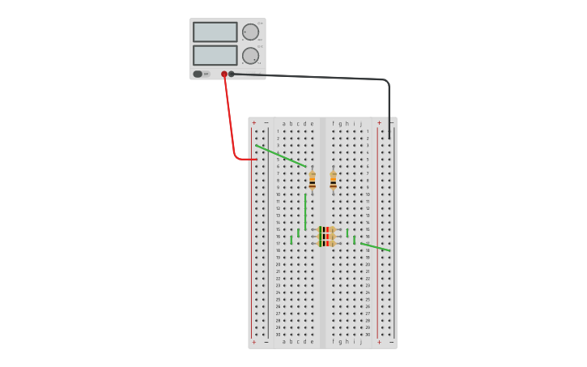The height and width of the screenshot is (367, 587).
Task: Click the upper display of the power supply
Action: [215, 32]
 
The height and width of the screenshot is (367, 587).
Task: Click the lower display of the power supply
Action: [215, 55]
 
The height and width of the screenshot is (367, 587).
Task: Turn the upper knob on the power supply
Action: [250, 32]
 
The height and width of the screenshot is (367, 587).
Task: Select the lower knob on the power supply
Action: [250, 56]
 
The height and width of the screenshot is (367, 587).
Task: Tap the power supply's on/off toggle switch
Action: [198, 74]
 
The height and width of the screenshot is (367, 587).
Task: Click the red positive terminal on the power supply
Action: [224, 74]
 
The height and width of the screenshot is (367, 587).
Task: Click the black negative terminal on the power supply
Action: [232, 74]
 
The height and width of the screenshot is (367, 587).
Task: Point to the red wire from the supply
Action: [231, 122]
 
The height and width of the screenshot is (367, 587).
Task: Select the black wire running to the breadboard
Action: [324, 77]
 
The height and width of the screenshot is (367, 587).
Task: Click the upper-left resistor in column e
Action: [312, 181]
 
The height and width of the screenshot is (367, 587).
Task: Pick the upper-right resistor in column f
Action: [333, 181]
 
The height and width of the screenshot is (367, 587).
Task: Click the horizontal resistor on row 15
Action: [326, 229]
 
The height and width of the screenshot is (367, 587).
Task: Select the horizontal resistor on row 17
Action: [326, 243]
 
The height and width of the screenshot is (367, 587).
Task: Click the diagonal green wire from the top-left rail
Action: [280, 156]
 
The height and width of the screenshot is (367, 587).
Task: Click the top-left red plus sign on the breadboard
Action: [253, 123]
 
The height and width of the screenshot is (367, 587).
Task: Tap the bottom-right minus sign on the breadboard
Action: [391, 342]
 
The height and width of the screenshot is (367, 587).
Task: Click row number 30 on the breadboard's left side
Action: [278, 334]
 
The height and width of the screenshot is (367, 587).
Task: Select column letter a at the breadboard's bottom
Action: [284, 342]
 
